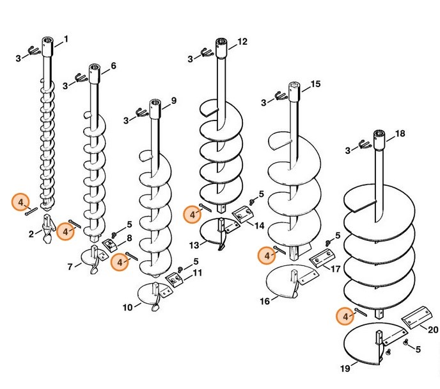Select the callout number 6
pos(113,66)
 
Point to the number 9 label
pos(173,101)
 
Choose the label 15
pos(315,84)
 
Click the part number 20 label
pos(433,329)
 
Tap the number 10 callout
pos(128,308)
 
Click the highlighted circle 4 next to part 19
pos(345,315)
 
